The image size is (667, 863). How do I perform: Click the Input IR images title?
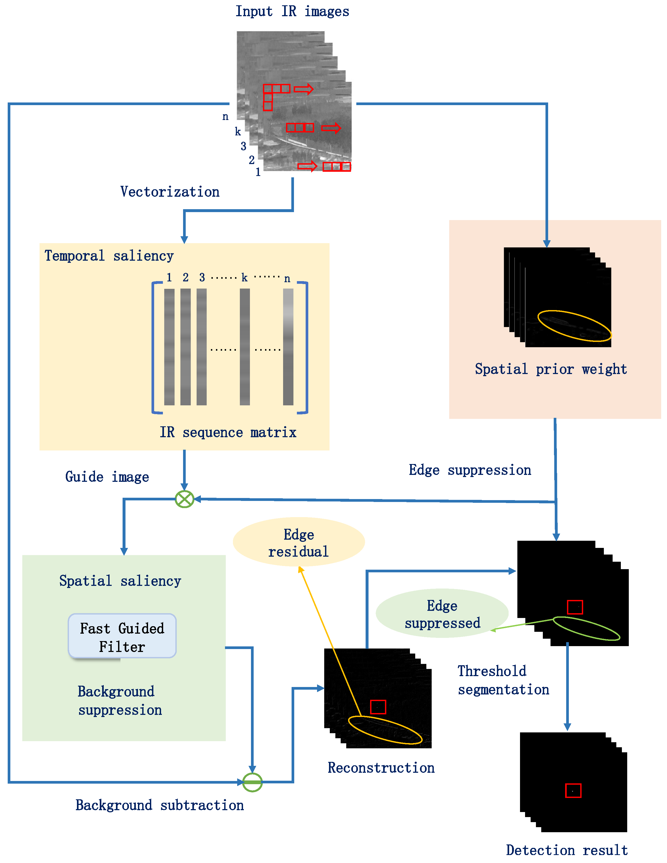(x=292, y=11)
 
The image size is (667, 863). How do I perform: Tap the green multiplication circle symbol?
(x=184, y=499)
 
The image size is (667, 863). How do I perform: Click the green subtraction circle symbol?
(x=252, y=782)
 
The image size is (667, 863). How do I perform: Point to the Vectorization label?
(x=170, y=192)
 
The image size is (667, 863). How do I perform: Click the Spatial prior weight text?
(x=551, y=369)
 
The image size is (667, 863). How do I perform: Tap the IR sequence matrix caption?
(x=228, y=432)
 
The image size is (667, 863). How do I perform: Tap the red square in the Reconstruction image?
(x=378, y=707)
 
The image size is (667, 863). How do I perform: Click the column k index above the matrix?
(x=244, y=278)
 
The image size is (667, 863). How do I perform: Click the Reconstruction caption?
(x=381, y=768)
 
